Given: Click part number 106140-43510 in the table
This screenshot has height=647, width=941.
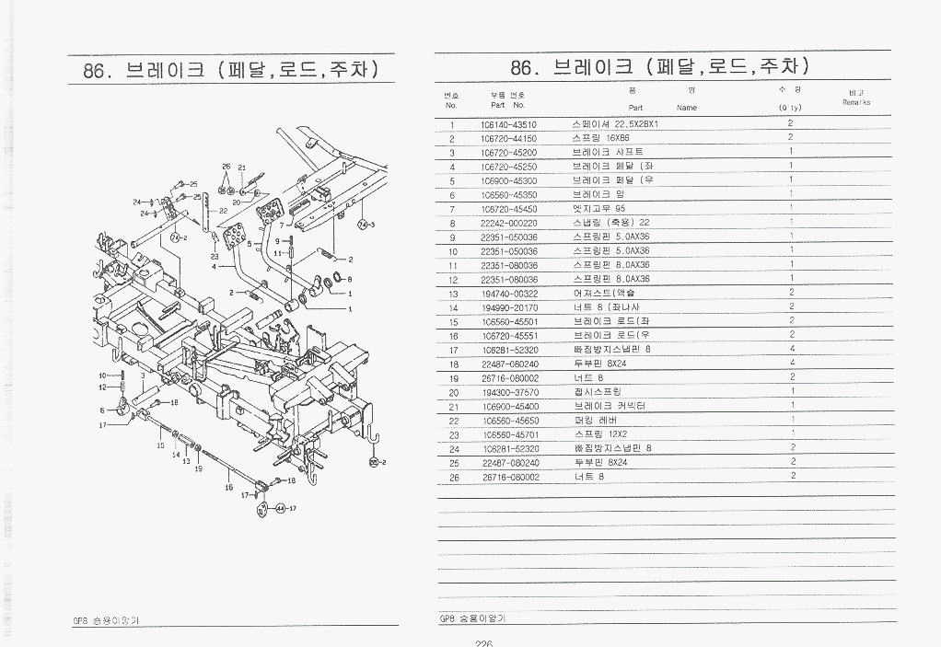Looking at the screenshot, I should (508, 124).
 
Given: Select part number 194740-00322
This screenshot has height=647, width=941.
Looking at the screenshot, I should (508, 294).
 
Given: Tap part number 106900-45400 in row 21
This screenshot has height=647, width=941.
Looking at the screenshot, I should (508, 406).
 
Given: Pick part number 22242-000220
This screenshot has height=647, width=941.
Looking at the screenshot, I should (508, 224).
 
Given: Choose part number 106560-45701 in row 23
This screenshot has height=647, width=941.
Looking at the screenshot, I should (508, 434).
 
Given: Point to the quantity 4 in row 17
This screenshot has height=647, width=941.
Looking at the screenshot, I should (792, 350).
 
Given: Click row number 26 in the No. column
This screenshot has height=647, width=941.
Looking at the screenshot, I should (453, 477).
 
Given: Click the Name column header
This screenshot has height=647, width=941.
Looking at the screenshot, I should (686, 108).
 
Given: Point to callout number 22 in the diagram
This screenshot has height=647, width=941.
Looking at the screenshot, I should (223, 211).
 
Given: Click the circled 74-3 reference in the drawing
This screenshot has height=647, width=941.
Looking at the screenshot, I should (366, 225).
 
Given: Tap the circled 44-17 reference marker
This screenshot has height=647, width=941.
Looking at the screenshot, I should (285, 508).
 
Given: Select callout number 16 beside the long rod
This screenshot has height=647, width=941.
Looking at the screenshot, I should (228, 489).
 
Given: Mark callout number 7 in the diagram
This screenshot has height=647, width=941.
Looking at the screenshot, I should (282, 224).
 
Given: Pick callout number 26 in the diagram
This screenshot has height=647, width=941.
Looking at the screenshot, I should (226, 168).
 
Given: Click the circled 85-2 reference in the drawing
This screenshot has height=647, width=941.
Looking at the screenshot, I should (377, 461).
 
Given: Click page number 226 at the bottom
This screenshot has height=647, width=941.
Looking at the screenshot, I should (484, 643).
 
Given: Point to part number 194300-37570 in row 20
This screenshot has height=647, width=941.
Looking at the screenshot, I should (508, 392).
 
